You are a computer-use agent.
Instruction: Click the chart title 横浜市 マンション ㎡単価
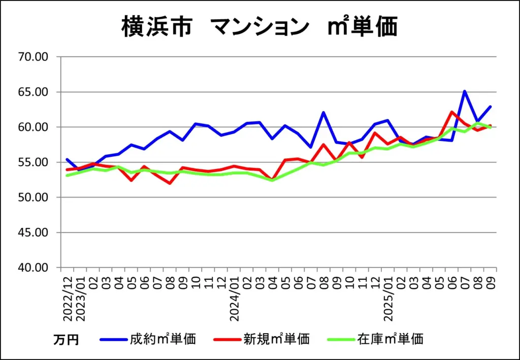tap(259, 26)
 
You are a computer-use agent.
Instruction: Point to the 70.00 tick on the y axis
tap(34, 57)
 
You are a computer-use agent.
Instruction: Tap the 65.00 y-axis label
tap(34, 92)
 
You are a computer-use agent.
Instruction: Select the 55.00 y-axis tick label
tap(34, 162)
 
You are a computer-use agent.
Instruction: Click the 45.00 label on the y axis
tap(34, 233)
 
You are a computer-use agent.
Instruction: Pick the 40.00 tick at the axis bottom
tap(34, 268)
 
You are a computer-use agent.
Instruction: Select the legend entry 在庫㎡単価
tap(390, 339)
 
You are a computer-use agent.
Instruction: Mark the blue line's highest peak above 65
tap(464, 91)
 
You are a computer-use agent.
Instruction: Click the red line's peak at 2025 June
tap(451, 112)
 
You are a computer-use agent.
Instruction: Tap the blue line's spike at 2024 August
tap(323, 112)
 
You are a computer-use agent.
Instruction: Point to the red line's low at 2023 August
tap(169, 183)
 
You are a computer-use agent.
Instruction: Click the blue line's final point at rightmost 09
tap(490, 107)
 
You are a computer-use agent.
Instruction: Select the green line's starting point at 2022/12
tap(67, 175)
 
